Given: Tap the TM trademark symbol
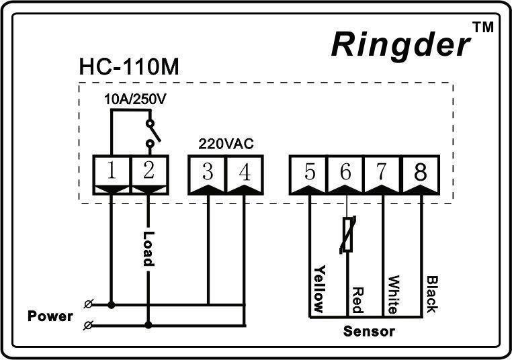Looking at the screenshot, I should click(483, 28).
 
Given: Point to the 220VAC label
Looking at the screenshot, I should click(225, 144).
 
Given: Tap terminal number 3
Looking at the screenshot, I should click(208, 172).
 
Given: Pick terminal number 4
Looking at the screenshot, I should click(245, 172).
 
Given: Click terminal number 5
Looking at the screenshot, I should click(309, 172).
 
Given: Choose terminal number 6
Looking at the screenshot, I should click(346, 172).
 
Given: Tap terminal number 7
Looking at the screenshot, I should click(382, 172).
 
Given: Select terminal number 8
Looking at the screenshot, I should click(420, 172).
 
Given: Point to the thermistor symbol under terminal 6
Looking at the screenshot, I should click(347, 235).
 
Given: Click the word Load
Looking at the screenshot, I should click(148, 249).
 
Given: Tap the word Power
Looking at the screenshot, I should click(50, 316).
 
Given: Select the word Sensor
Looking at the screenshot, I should click(369, 331).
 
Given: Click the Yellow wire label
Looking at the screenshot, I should click(320, 289).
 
